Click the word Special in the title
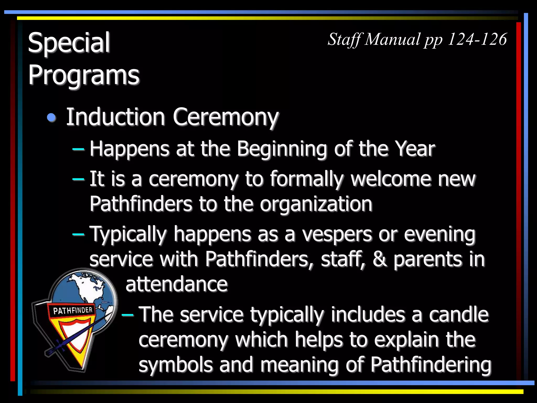point(69,43)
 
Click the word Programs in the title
point(84,75)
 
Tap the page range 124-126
point(477,39)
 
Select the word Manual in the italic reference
point(393,39)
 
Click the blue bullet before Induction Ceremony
point(52,118)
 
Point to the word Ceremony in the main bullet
point(225,117)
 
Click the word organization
point(316,204)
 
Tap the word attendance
point(176,284)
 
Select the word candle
point(459,315)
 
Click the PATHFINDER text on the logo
point(73,311)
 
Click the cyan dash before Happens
point(78,150)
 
